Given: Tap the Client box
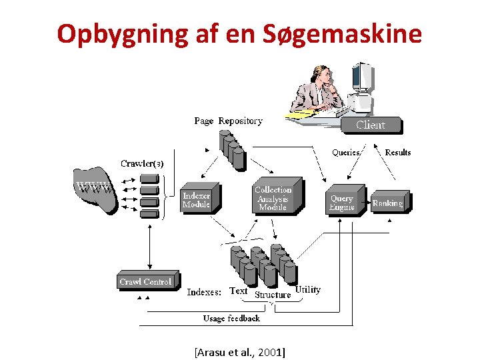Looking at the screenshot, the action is (x=371, y=125).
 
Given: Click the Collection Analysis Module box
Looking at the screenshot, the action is (x=274, y=197).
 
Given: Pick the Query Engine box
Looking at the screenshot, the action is (x=343, y=202).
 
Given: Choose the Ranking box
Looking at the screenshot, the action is (x=389, y=203).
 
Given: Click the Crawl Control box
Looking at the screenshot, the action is (x=146, y=281).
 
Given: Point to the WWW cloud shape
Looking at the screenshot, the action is (x=93, y=189).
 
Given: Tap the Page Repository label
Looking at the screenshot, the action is (x=228, y=121).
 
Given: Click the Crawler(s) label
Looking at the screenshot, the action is (x=142, y=163).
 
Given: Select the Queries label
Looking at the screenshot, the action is (x=346, y=152).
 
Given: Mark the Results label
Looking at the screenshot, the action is (x=398, y=152).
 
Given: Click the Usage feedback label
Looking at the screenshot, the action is (x=231, y=318).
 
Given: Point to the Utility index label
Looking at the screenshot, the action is (x=308, y=289).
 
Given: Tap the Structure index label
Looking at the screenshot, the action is (x=273, y=294).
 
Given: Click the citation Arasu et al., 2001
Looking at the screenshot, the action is (x=239, y=349).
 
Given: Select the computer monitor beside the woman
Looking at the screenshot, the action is (x=364, y=84).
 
